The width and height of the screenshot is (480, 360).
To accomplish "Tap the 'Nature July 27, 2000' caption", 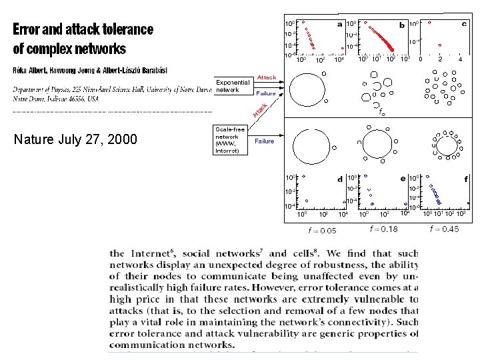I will (x=75, y=139).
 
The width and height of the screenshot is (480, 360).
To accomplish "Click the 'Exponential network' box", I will (x=232, y=86).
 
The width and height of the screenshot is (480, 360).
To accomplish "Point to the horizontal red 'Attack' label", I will (x=267, y=78).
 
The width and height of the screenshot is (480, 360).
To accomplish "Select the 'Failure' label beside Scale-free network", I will (x=264, y=141).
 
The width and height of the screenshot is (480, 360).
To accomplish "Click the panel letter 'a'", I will (x=339, y=25).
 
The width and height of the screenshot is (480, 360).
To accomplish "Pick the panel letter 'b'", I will (x=401, y=25).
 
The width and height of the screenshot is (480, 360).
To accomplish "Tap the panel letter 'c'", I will (x=464, y=24).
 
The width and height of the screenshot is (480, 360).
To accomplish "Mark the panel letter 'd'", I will (x=340, y=179).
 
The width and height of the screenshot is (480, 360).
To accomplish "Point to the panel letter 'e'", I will (x=402, y=179).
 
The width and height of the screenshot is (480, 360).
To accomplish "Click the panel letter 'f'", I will (x=465, y=179).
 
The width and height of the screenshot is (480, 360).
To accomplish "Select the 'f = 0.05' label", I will (x=322, y=231).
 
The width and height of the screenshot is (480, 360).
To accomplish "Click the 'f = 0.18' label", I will (x=383, y=229).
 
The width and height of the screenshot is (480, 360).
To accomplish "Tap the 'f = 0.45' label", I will (x=445, y=229).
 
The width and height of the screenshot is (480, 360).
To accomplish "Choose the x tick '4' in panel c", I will (x=461, y=59).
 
